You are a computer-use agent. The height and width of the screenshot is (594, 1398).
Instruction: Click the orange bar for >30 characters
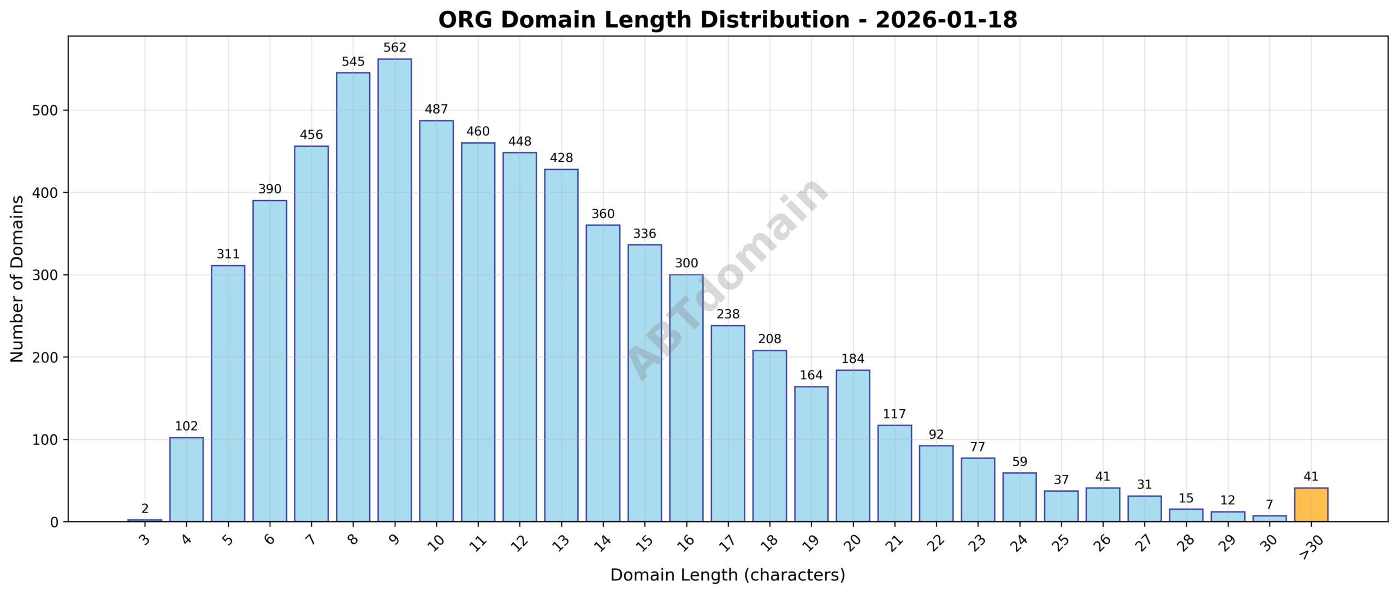pos(1311,504)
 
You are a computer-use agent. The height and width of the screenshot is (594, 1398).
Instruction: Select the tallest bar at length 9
pos(395,290)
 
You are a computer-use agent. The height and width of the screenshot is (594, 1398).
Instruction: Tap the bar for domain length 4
pos(186,479)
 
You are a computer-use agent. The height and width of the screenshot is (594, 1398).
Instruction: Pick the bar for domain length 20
pos(852,445)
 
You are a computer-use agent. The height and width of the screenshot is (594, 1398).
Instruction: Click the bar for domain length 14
pos(603,373)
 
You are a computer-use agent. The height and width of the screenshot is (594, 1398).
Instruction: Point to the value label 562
pos(395,48)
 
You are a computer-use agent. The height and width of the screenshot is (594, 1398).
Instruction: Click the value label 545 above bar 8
pos(353,62)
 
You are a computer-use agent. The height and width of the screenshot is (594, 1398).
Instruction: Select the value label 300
pos(686,263)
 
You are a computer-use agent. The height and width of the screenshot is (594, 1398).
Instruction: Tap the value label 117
pos(895,414)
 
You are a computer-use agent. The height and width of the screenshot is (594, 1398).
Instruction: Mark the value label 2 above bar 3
pos(145,509)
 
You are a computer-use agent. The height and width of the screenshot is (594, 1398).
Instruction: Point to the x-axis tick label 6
pos(269,540)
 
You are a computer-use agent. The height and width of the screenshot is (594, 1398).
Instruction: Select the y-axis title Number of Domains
pos(17,279)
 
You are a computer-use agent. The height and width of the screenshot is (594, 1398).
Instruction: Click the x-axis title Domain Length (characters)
pos(727,575)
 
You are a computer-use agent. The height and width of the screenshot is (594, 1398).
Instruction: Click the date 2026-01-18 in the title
pos(946,20)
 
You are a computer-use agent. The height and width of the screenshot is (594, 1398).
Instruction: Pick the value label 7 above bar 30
pos(1269,505)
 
